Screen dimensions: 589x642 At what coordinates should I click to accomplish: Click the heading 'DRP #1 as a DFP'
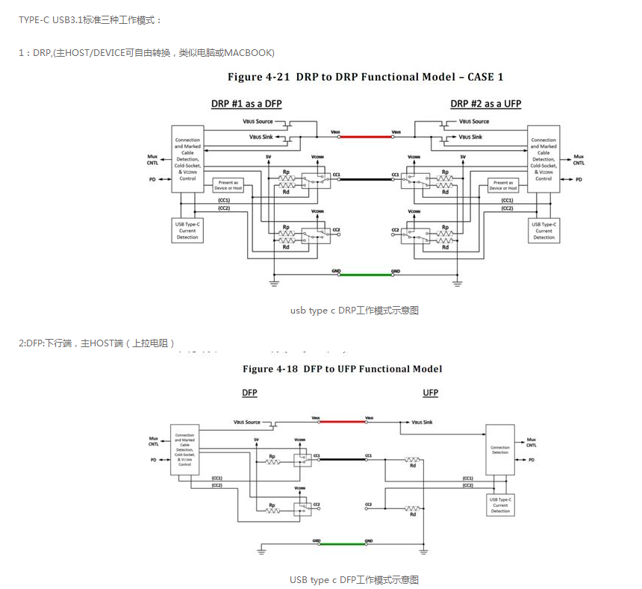tap(246, 103)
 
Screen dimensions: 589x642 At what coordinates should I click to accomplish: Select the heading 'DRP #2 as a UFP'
tap(486, 103)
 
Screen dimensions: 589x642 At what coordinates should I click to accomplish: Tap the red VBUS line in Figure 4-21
tap(366, 136)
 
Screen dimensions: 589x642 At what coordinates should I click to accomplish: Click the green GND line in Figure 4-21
tap(366, 274)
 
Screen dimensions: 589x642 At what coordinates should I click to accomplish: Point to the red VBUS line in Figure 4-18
tap(343, 422)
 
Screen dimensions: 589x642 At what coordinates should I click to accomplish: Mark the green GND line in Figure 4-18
tap(343, 543)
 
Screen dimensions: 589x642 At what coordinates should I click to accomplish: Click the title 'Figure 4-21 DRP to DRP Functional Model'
tap(366, 77)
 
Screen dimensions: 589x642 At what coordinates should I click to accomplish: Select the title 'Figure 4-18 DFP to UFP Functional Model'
tap(342, 369)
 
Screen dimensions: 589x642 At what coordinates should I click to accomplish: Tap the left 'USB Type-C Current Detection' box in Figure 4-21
tap(187, 230)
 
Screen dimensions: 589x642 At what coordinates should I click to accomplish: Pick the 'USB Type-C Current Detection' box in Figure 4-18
tap(500, 505)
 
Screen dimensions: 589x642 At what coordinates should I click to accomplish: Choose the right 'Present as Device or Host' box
tap(503, 185)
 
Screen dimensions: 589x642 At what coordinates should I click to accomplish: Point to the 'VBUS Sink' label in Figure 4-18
tap(422, 423)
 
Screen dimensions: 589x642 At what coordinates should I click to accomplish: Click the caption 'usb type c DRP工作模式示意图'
tap(354, 310)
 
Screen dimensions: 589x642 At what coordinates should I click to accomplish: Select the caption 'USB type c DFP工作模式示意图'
tap(354, 579)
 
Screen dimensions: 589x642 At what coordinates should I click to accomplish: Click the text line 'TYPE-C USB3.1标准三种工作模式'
tap(90, 19)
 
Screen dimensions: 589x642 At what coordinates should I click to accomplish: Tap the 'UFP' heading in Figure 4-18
tap(431, 393)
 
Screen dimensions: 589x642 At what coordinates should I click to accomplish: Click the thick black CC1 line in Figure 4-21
tap(366, 179)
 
